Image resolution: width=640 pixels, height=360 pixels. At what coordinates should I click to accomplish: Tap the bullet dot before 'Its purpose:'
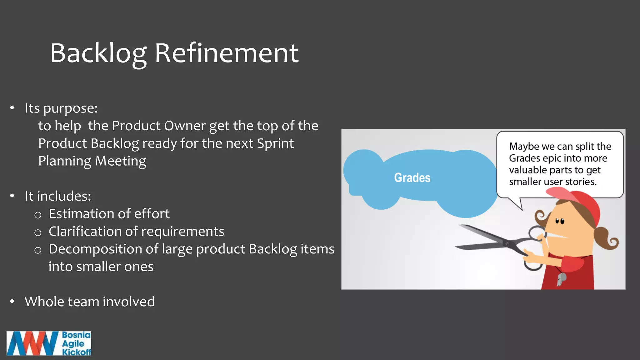tap(12, 108)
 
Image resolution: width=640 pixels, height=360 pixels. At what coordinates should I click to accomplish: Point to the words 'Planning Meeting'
tap(92, 161)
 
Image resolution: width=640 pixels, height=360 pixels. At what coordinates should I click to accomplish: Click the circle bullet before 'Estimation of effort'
tap(38, 215)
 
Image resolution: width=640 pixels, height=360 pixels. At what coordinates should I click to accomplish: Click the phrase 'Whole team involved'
tap(90, 302)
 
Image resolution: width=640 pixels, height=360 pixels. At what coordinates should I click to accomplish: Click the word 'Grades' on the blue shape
tap(412, 177)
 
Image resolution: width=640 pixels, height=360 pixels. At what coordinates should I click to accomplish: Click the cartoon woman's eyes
tap(560, 221)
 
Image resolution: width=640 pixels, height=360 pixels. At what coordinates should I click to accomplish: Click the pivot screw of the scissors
tap(507, 243)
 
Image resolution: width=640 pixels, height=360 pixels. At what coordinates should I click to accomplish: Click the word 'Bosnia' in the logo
tap(76, 335)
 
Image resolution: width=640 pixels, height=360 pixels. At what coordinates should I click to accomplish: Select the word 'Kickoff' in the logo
tap(77, 352)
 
